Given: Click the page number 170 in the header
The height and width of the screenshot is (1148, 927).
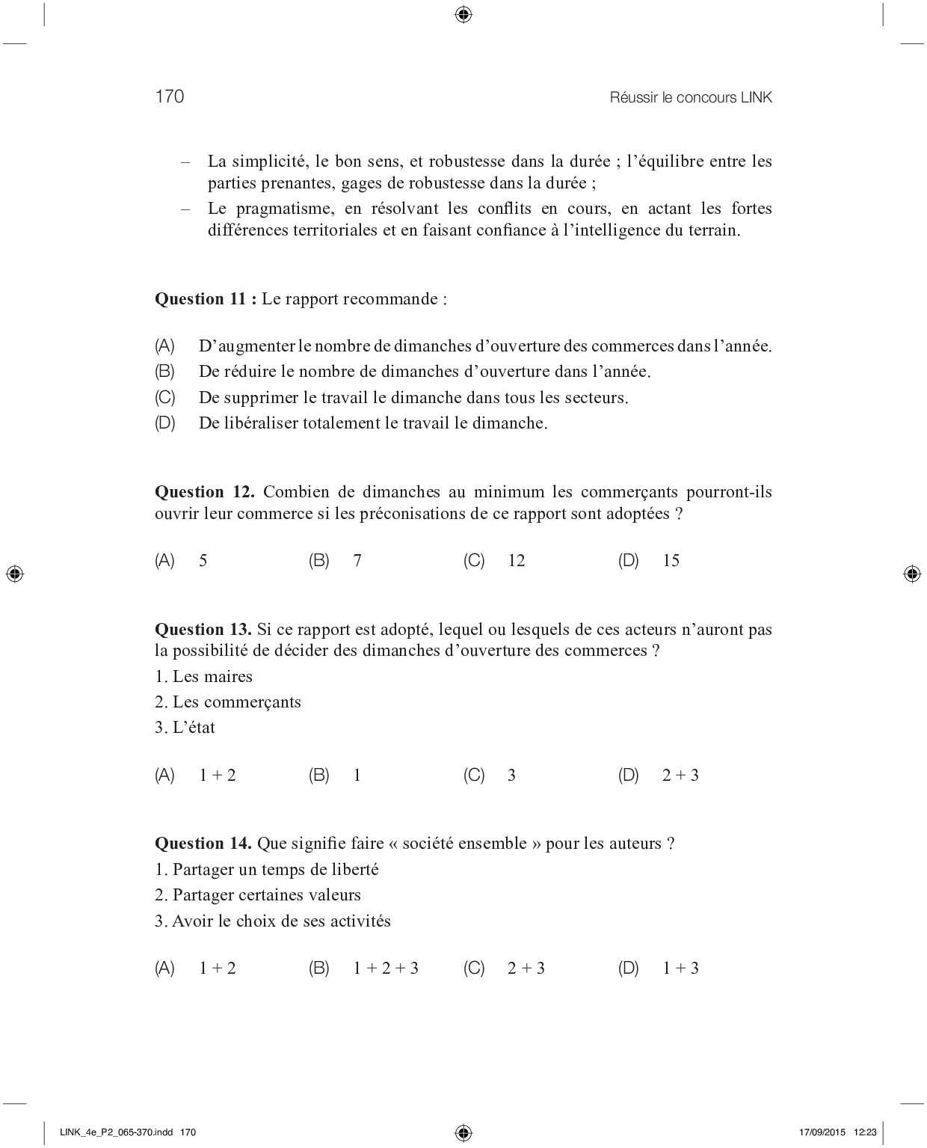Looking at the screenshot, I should [170, 96].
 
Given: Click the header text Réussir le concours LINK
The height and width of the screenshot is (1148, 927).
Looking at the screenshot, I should [691, 97].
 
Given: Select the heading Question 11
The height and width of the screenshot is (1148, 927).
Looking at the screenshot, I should [205, 299].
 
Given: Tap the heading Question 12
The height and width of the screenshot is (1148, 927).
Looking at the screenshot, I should [204, 492].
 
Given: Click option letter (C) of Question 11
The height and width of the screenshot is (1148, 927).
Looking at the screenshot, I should [164, 397].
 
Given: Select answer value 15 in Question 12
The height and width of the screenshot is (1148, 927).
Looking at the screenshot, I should [671, 561].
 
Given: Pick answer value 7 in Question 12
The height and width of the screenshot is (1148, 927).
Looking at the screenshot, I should [357, 561].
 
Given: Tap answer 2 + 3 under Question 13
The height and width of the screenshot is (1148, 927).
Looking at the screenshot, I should [680, 776].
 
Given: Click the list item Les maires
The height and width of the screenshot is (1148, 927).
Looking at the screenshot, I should [204, 677].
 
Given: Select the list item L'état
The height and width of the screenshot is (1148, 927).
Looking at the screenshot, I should [185, 728].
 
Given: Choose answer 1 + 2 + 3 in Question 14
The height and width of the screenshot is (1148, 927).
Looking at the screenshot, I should [386, 969].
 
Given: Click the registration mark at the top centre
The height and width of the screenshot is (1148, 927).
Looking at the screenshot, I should [463, 14].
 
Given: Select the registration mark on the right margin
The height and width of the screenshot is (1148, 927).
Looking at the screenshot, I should [911, 574].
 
